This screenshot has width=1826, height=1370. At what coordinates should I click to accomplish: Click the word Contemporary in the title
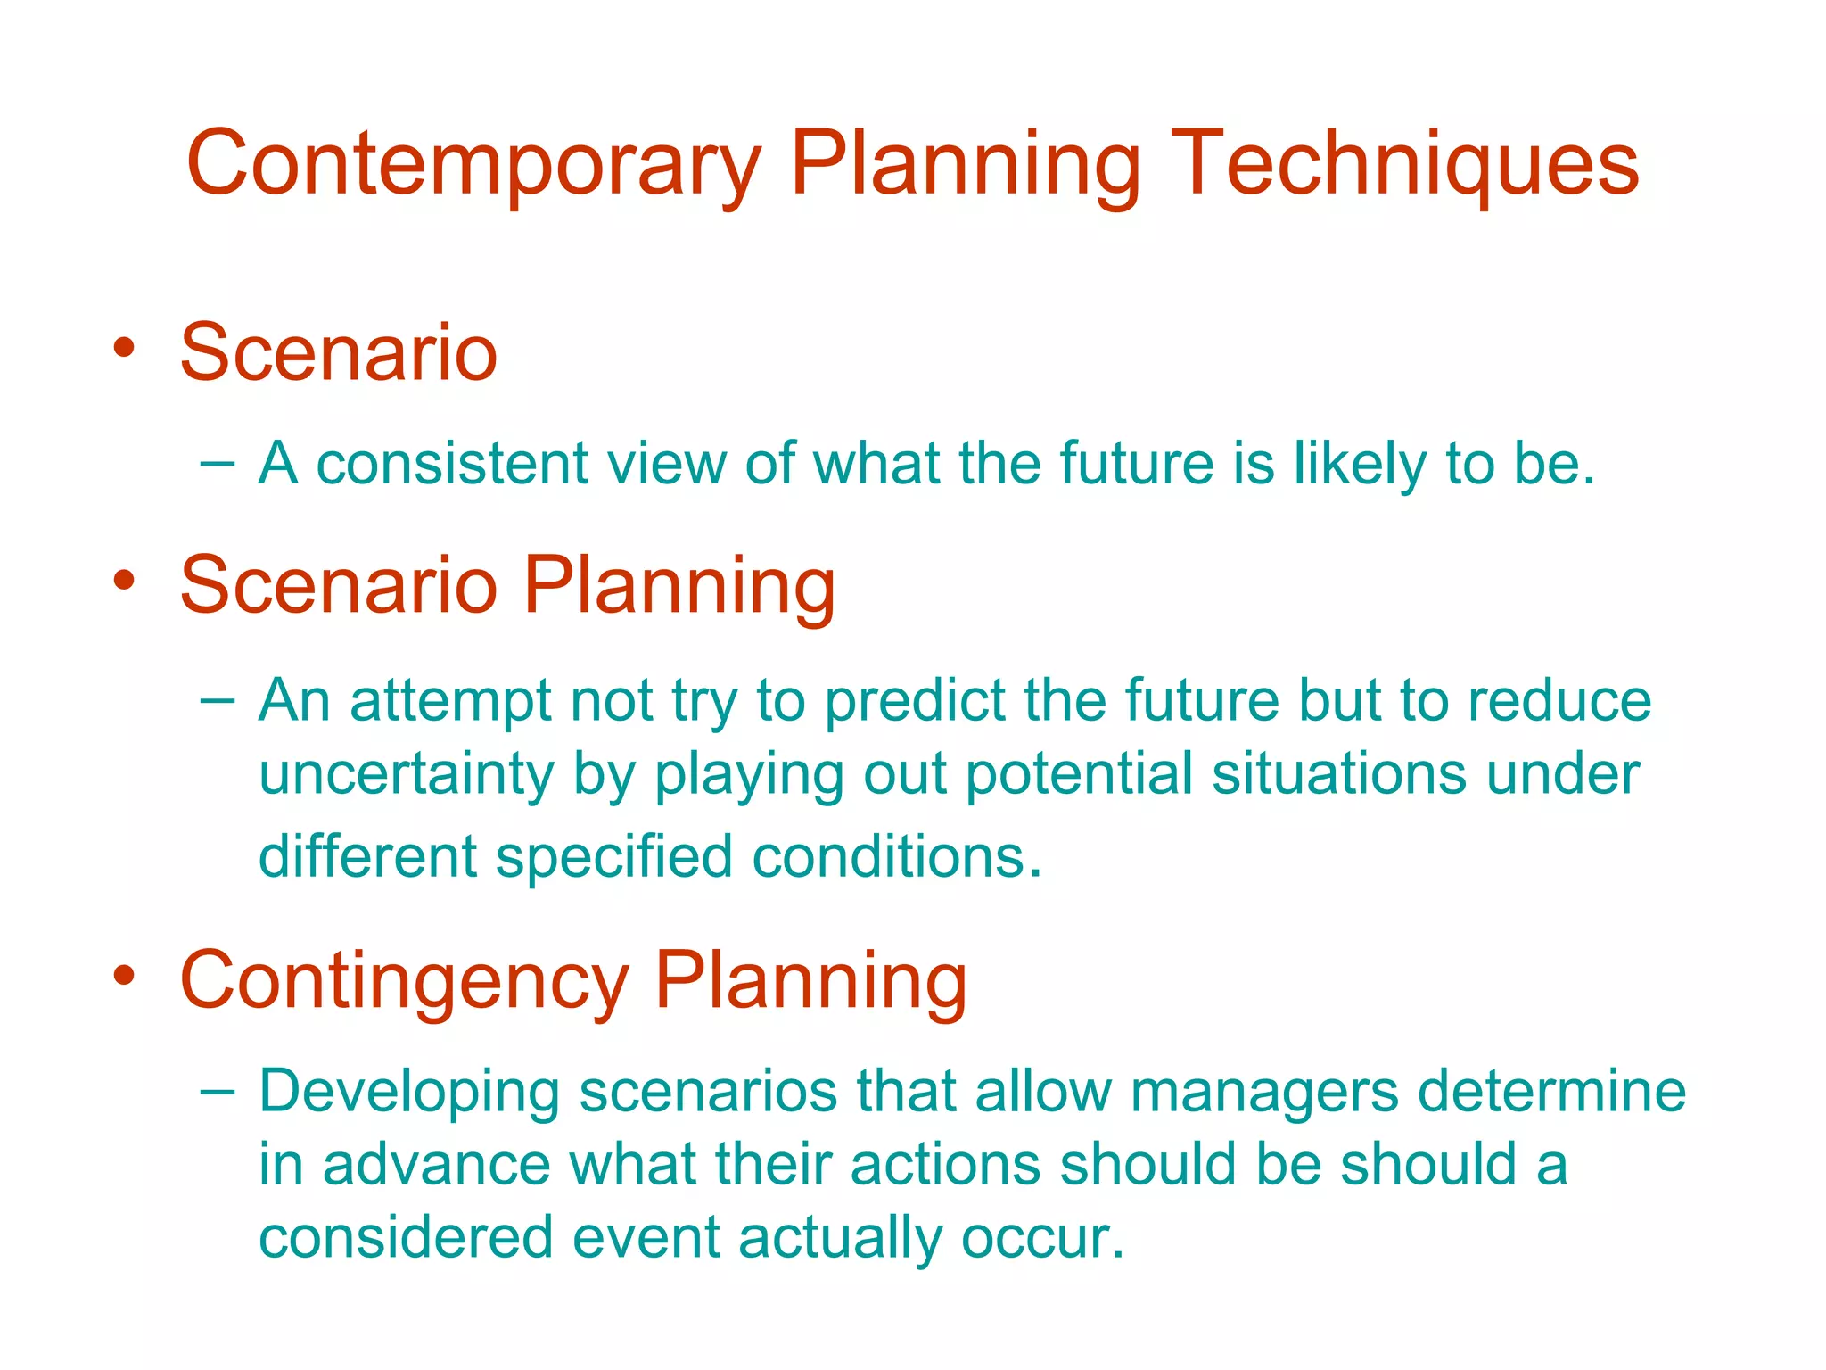pyautogui.click(x=473, y=165)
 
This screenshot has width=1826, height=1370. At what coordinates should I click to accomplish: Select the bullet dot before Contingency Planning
pyautogui.click(x=124, y=975)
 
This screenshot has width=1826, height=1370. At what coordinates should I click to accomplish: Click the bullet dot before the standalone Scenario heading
pyautogui.click(x=124, y=347)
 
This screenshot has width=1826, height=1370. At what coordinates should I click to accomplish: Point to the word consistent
pyautogui.click(x=452, y=464)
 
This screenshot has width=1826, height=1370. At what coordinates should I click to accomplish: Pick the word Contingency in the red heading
pyautogui.click(x=404, y=981)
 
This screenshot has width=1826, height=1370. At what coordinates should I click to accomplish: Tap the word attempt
pyautogui.click(x=450, y=702)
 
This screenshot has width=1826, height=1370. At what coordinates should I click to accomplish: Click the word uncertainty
pyautogui.click(x=406, y=774)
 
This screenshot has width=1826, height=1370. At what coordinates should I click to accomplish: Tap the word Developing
pyautogui.click(x=409, y=1093)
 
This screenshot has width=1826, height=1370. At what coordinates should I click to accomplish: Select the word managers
pyautogui.click(x=1264, y=1093)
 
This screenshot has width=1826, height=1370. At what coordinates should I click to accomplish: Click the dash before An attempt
pyautogui.click(x=218, y=701)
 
